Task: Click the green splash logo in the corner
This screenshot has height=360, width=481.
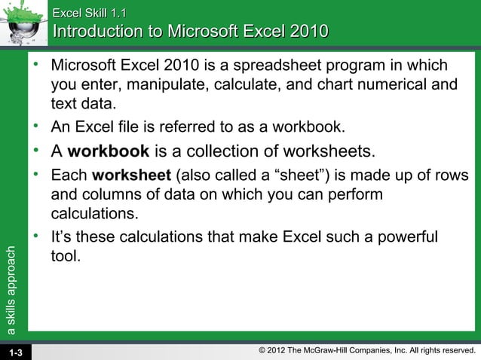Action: point(23,23)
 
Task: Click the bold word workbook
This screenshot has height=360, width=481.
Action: point(108,152)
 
